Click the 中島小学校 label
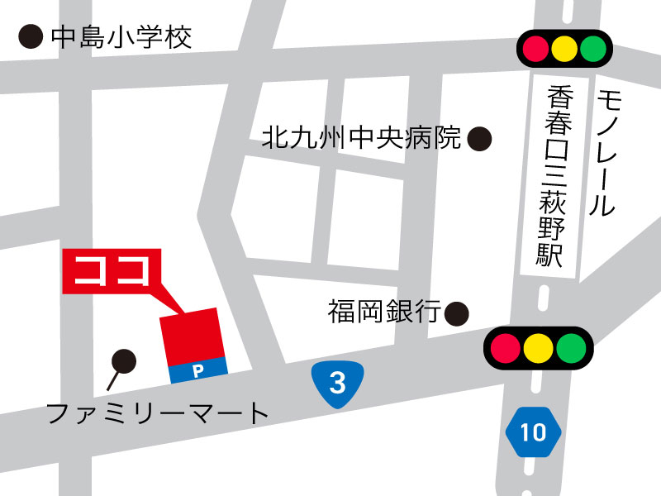121,37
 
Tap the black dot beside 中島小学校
31,36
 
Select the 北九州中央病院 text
361,137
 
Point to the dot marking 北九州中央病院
479,138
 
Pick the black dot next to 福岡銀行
457,313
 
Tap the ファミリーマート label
158,413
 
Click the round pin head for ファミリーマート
124,360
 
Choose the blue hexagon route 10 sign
534,432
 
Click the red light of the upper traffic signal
534,47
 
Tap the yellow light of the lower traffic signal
538,347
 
